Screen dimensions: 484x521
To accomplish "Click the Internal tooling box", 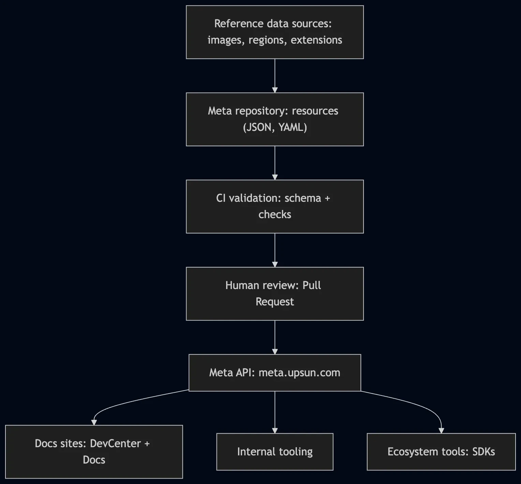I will coord(275,452).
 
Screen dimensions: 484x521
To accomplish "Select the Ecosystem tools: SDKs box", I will coord(441,452).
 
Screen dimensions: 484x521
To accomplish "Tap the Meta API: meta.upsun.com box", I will coord(275,373).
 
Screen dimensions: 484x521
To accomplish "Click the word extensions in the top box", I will coord(316,40).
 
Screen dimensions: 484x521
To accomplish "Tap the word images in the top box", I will coord(225,40).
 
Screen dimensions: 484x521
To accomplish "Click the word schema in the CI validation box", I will coord(303,198).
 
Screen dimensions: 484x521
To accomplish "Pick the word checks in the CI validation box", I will coord(275,214).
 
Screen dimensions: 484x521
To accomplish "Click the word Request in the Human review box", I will coord(275,302).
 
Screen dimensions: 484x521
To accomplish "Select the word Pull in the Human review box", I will coord(312,285).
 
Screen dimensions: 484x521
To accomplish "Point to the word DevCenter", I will coord(115,443).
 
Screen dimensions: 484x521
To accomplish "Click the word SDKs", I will coord(483,452).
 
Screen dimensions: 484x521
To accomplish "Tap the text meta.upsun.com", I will coord(299,373).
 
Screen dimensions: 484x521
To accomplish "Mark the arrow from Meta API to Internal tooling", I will coord(275,412).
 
